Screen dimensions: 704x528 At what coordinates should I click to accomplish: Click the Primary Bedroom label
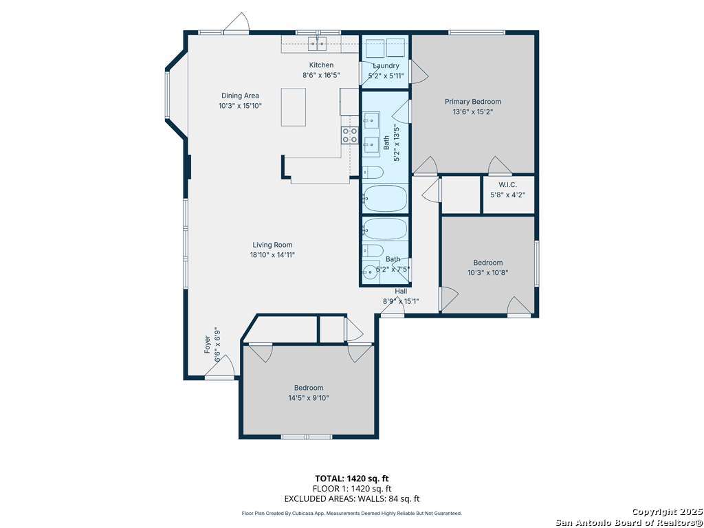pyautogui.click(x=473, y=102)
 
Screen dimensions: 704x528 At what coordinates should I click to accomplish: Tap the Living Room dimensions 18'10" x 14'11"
pyautogui.click(x=272, y=255)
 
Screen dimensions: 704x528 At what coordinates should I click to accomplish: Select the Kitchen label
pyautogui.click(x=322, y=65)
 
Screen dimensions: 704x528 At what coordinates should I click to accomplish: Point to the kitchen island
pyautogui.click(x=294, y=107)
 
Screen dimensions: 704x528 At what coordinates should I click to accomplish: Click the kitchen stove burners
pyautogui.click(x=350, y=135)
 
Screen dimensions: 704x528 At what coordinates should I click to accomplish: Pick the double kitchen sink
pyautogui.click(x=317, y=44)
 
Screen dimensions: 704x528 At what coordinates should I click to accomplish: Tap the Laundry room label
pyautogui.click(x=386, y=65)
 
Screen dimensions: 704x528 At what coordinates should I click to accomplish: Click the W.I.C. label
pyautogui.click(x=508, y=184)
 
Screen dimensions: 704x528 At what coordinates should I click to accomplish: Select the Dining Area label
pyautogui.click(x=240, y=96)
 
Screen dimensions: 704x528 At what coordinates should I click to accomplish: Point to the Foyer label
pyautogui.click(x=208, y=344)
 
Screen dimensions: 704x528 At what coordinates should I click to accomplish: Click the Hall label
pyautogui.click(x=401, y=291)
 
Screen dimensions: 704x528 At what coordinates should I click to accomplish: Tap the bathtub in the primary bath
pyautogui.click(x=385, y=198)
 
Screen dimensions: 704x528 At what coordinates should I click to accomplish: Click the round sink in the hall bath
pyautogui.click(x=371, y=272)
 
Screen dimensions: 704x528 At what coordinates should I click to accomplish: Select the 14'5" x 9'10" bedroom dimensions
pyautogui.click(x=309, y=398)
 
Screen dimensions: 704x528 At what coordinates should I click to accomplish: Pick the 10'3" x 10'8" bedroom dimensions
pyautogui.click(x=487, y=272)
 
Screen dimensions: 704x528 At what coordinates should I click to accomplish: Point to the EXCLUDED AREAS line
pyautogui.click(x=352, y=498)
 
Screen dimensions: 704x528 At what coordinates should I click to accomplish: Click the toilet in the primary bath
pyautogui.click(x=373, y=173)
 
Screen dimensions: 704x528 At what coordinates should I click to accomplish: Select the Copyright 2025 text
pyautogui.click(x=665, y=512)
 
